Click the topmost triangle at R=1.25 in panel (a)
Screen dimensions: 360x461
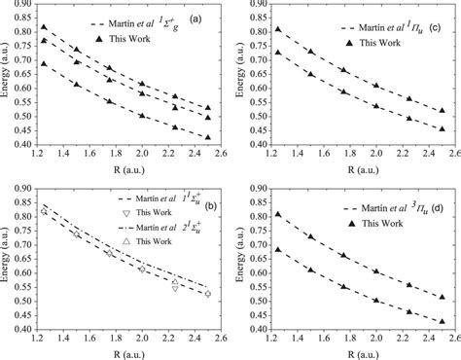coord(43,27)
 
